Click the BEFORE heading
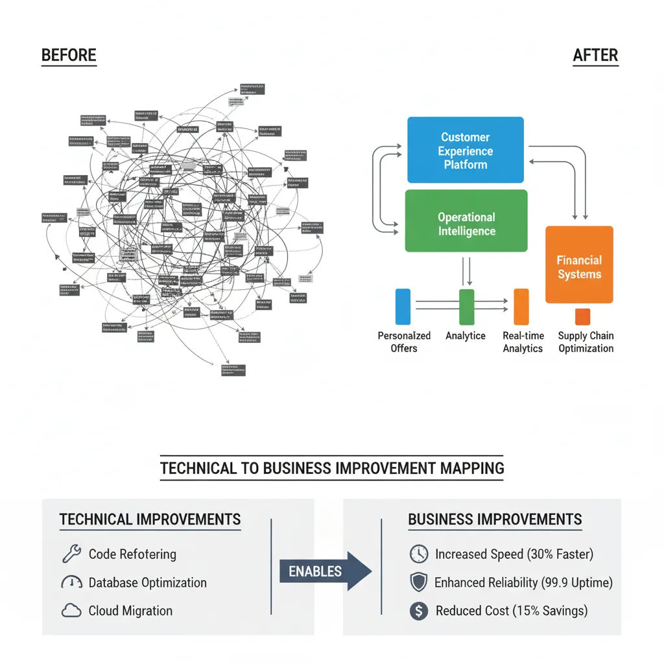[69, 56]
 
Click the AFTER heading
[595, 56]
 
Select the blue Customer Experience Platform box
[465, 150]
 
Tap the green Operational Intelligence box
[466, 221]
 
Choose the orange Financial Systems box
[579, 265]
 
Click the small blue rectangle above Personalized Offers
[403, 307]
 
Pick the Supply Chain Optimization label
[586, 342]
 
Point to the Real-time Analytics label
[523, 342]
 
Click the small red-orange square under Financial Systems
[583, 316]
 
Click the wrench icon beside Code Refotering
[71, 554]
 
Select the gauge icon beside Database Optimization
[71, 582]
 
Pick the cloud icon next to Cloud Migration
[71, 610]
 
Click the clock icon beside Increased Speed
[419, 554]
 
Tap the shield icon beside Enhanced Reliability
[419, 582]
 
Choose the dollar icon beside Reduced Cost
[419, 610]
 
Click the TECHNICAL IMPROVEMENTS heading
[150, 519]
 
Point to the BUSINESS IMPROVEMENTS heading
[495, 519]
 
